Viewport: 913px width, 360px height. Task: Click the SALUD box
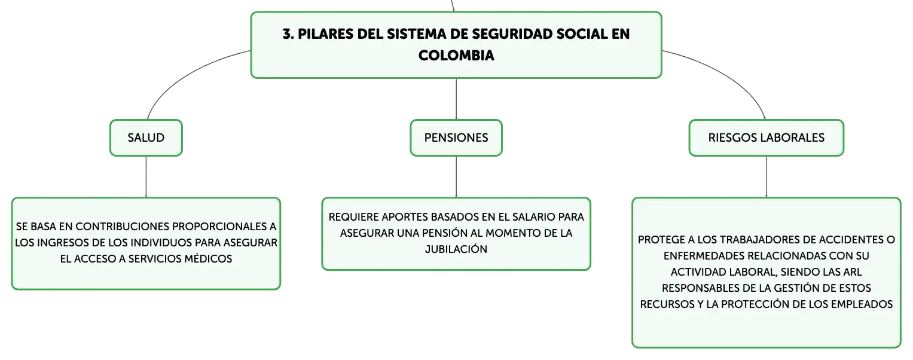click(x=146, y=138)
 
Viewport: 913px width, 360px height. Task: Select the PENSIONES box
click(x=456, y=138)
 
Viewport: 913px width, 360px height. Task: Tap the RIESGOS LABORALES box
click(x=767, y=138)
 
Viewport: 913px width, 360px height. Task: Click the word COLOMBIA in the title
click(x=456, y=56)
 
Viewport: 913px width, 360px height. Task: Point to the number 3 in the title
click(x=287, y=34)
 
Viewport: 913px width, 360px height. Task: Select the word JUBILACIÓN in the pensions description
click(x=456, y=249)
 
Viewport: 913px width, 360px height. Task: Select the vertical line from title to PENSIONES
click(x=456, y=99)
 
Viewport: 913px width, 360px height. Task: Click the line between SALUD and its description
click(x=146, y=176)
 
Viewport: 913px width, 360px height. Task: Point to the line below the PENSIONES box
click(x=456, y=176)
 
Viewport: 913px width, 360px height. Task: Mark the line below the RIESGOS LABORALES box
click(x=767, y=176)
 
